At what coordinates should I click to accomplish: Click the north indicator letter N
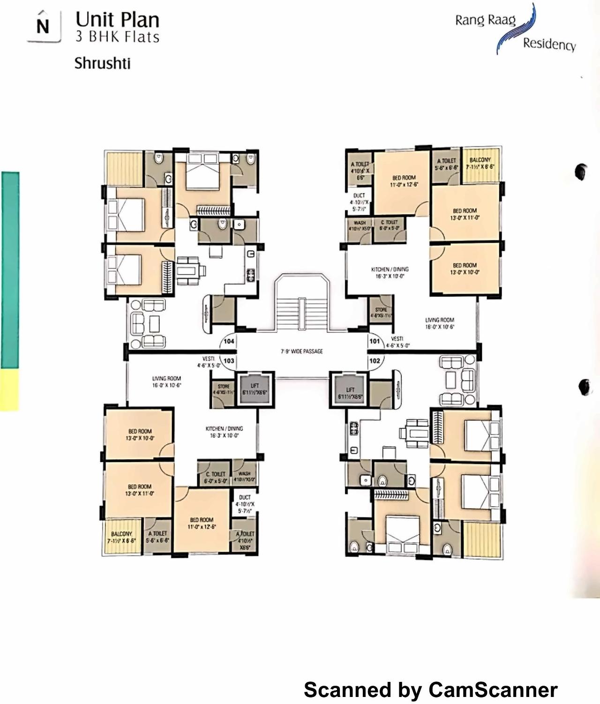tap(43, 26)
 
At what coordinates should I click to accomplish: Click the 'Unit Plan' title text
tap(117, 20)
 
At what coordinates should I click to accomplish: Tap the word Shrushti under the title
tap(102, 63)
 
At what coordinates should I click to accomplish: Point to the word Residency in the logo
tap(549, 44)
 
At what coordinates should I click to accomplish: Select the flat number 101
tap(375, 341)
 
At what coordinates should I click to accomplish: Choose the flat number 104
tap(229, 341)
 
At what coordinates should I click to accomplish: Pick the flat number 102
tap(375, 360)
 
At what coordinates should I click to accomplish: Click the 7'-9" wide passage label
tap(302, 351)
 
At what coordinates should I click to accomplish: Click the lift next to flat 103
tap(255, 389)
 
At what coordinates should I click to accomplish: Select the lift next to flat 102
tap(350, 393)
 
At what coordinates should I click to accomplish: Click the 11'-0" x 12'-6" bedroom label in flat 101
tap(404, 181)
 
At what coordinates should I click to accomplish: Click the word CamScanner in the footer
tap(493, 690)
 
